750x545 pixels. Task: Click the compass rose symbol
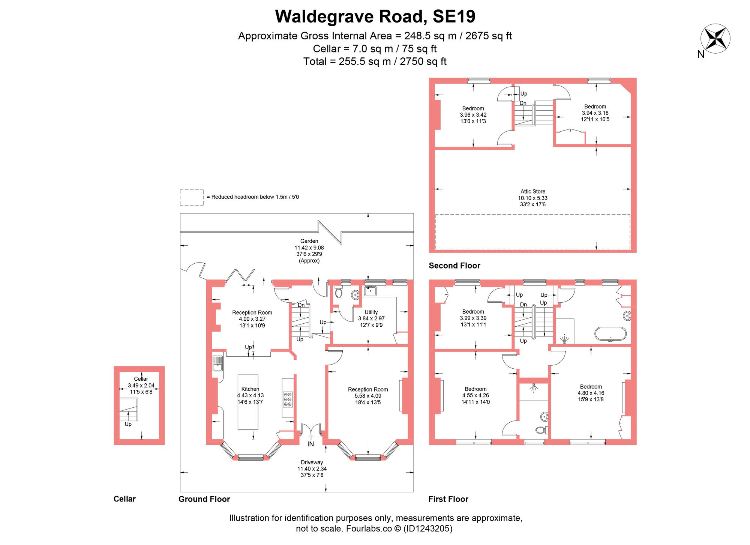coord(715,38)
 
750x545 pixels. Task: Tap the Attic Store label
coord(532,192)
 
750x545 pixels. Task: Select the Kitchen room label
coord(250,389)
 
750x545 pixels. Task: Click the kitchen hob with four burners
coord(288,399)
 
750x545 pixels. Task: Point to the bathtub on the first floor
coord(610,333)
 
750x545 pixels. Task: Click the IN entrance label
coord(310,444)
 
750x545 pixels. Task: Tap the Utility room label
coord(371,312)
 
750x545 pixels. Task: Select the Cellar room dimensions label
coord(141,389)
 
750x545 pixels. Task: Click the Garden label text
coord(309,241)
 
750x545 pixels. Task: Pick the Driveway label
coord(312,462)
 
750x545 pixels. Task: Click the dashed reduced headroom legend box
coord(192,197)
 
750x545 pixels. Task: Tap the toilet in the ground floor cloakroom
coord(339,293)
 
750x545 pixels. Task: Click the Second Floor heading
coord(454,266)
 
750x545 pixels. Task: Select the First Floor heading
coord(448,499)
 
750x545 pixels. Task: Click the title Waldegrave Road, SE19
coord(375,17)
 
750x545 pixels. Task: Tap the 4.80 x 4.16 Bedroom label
coord(591,393)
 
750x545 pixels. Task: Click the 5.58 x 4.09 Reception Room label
coord(368,396)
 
